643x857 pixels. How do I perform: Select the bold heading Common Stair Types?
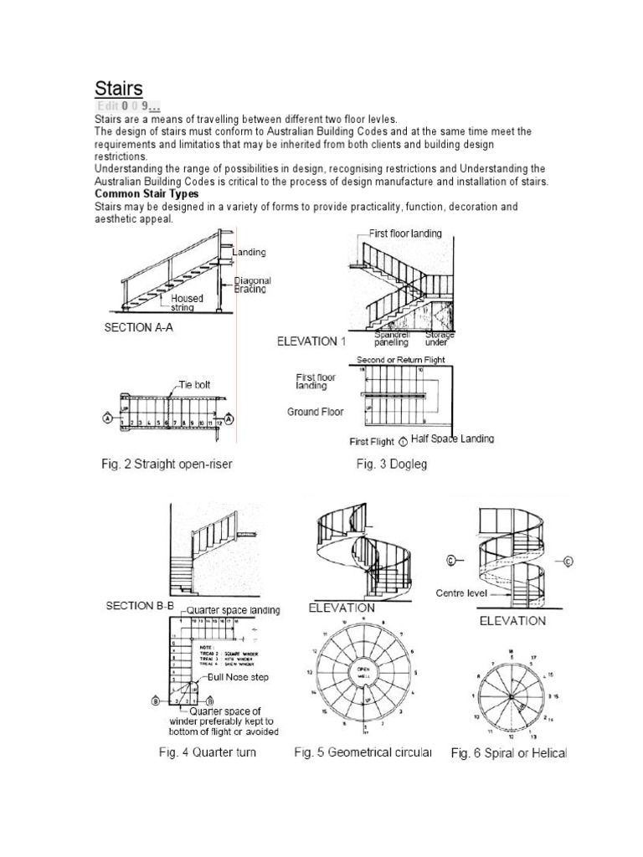point(147,193)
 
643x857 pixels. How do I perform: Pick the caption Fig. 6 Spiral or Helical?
point(508,753)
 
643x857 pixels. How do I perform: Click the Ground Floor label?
point(316,413)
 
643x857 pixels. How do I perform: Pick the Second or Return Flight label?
point(400,360)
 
